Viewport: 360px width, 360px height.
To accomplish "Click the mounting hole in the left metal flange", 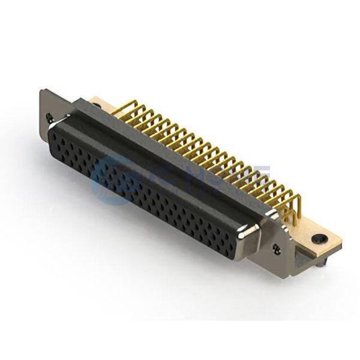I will coord(49,117).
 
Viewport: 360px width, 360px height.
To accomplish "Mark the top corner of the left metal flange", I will coord(40,91).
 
